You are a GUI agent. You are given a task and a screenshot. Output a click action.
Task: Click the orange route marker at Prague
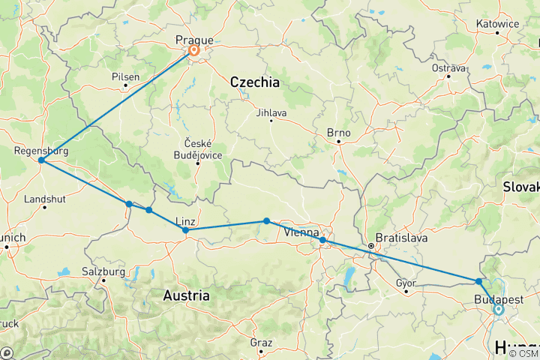pyautogui.click(x=194, y=51)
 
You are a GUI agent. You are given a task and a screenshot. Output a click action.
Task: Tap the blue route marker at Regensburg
pyautogui.click(x=41, y=160)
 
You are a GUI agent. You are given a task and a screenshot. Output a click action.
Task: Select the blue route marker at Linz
pyautogui.click(x=185, y=230)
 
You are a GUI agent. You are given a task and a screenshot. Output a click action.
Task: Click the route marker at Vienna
pyautogui.click(x=322, y=241)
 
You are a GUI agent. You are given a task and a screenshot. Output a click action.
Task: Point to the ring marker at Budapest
pyautogui.click(x=499, y=309)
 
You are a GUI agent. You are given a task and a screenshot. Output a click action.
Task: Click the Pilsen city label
pyautogui.click(x=125, y=76)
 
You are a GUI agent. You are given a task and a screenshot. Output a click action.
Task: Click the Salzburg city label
pyautogui.click(x=104, y=271)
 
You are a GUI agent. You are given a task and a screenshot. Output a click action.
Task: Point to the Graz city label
pyautogui.click(x=261, y=342)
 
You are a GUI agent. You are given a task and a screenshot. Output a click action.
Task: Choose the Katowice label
pyautogui.click(x=497, y=24)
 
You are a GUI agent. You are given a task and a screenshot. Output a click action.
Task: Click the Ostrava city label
pyautogui.click(x=449, y=68)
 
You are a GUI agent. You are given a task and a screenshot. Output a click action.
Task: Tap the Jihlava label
pyautogui.click(x=271, y=112)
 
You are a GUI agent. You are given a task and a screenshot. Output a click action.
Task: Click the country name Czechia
pyautogui.click(x=254, y=82)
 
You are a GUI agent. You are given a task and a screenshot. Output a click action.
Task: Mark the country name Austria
pyautogui.click(x=186, y=295)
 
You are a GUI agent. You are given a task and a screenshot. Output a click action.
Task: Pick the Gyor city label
pyautogui.click(x=406, y=283)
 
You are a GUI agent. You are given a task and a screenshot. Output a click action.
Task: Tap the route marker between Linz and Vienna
pyautogui.click(x=266, y=220)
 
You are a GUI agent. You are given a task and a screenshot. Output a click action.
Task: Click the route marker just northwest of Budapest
pyautogui.click(x=479, y=281)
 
